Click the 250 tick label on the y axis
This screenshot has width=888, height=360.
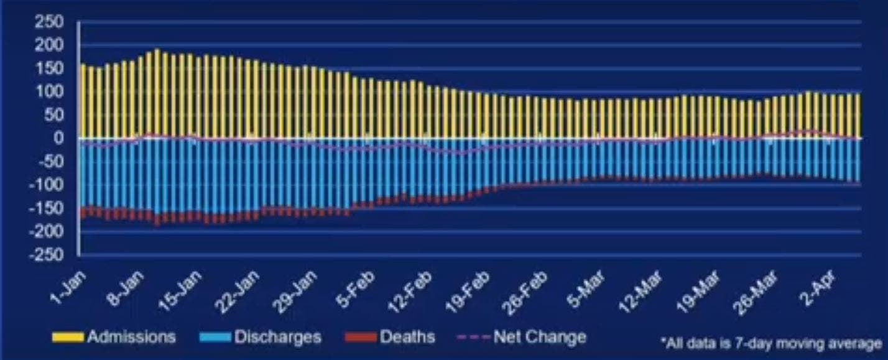pos(49,22)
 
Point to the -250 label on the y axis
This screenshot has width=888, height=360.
pos(46,254)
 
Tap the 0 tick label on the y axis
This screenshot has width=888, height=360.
pos(58,138)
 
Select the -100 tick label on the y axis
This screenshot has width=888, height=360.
pos(46,185)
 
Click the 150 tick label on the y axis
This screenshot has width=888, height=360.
pos(49,68)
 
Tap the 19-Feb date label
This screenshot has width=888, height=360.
pos(467,293)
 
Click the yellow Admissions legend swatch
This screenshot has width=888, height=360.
pos(68,338)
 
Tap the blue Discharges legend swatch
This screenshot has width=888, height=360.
pos(215,338)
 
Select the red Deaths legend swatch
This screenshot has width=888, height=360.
pos(360,338)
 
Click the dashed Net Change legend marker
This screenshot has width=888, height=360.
pos(473,338)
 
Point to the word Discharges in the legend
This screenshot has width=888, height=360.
pos(277,337)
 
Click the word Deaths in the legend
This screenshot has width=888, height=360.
pos(407,337)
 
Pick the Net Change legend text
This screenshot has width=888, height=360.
pos(540,337)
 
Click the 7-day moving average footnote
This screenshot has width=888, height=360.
pos(772,343)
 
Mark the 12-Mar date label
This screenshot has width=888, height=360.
pos(639,293)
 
